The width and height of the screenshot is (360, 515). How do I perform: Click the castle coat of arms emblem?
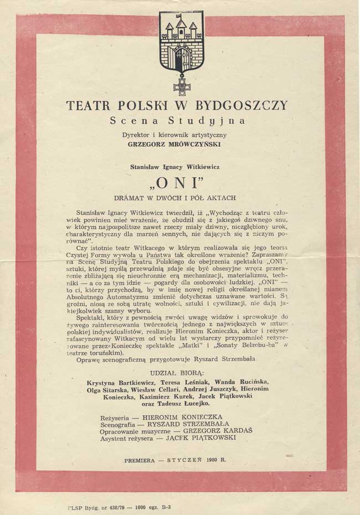[x=181, y=42]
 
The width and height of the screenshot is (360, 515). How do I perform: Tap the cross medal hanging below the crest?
[x=181, y=86]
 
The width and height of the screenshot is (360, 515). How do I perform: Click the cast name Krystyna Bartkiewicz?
[x=117, y=382]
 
